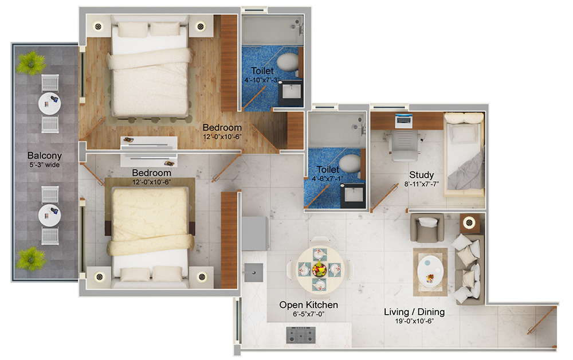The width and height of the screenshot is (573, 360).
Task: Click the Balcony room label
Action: pos(44,155)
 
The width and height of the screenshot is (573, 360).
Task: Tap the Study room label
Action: pos(421,175)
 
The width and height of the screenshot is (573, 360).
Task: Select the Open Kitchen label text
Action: pos(308,305)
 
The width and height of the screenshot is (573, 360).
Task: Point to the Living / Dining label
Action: pos(414,312)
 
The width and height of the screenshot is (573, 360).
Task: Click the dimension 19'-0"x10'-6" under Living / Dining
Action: pos(414,321)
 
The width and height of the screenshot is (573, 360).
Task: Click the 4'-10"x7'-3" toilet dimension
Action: pos(262,80)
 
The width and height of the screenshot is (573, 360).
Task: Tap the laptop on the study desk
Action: pos(403,119)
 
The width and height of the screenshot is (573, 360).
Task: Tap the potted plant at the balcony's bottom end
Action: pos(30,259)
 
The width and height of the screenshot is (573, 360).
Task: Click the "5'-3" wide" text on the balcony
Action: pos(44,165)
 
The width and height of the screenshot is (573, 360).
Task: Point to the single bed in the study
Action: pos(464,151)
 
